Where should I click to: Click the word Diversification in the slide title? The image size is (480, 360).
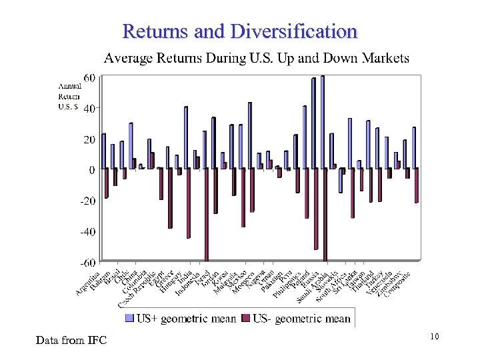pyautogui.click(x=294, y=31)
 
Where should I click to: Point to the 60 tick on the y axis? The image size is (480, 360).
pyautogui.click(x=88, y=78)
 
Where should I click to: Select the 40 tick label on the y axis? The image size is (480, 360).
pyautogui.click(x=88, y=108)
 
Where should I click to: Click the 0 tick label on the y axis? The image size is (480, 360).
pyautogui.click(x=91, y=170)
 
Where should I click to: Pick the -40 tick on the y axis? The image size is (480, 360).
pyautogui.click(x=87, y=232)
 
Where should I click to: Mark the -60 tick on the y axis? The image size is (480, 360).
pyautogui.click(x=87, y=263)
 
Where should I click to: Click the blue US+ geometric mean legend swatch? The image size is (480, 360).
pyautogui.click(x=130, y=319)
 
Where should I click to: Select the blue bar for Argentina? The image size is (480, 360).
pyautogui.click(x=103, y=151)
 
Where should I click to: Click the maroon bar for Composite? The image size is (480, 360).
pyautogui.click(x=417, y=185)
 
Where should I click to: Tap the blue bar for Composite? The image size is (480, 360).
pyautogui.click(x=413, y=147)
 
